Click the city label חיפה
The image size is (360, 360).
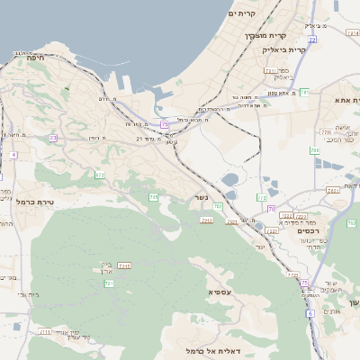[31, 57]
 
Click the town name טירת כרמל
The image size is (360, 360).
[37, 202]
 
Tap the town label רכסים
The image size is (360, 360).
[309, 231]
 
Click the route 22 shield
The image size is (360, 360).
[311, 40]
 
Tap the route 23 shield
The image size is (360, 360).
[53, 138]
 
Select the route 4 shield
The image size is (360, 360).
[13, 155]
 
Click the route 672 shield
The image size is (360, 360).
[100, 175]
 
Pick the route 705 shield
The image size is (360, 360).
[154, 196]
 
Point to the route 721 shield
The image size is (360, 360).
[109, 283]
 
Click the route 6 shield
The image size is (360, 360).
[310, 313]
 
